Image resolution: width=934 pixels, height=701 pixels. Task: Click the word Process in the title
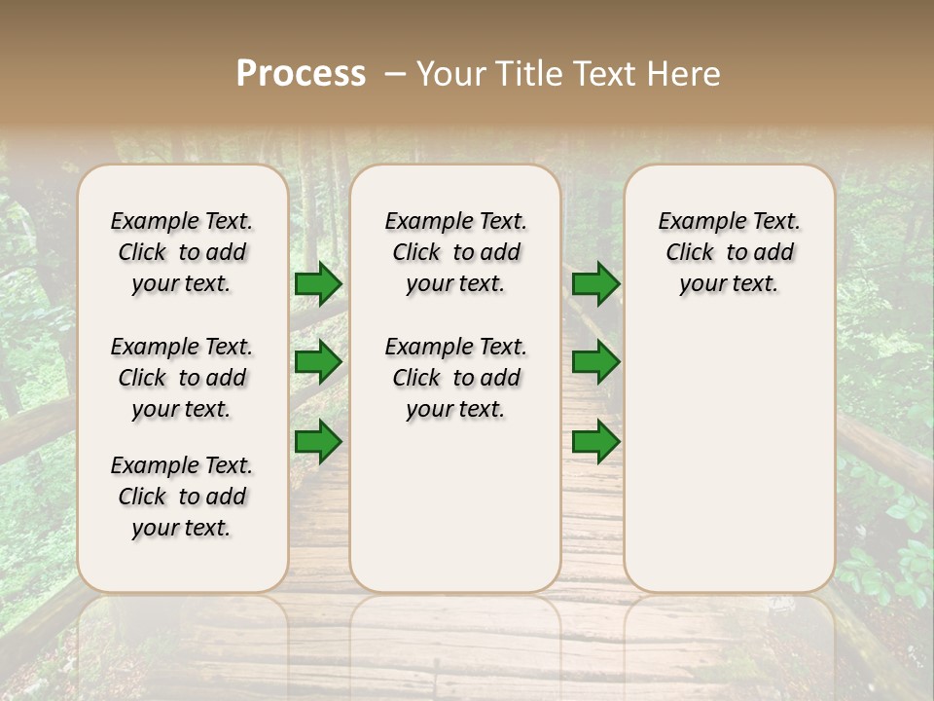click(301, 74)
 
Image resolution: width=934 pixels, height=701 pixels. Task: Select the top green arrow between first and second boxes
click(318, 284)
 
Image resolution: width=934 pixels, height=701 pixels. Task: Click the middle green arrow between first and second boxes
click(318, 363)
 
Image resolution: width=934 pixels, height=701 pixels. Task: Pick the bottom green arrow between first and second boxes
click(318, 442)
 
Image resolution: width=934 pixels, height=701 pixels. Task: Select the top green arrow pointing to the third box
click(595, 284)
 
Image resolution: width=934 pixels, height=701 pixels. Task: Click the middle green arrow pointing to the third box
click(595, 363)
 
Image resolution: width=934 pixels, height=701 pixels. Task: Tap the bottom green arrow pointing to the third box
click(595, 442)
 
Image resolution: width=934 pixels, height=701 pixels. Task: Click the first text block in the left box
click(182, 252)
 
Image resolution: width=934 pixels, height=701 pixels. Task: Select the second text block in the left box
click(182, 378)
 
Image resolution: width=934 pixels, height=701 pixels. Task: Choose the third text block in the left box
click(182, 497)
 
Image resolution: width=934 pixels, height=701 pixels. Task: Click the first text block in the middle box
click(455, 252)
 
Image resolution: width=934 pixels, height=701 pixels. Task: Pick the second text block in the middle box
click(455, 378)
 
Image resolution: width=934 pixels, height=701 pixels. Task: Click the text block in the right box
click(729, 252)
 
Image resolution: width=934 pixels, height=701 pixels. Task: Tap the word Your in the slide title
click(452, 74)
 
